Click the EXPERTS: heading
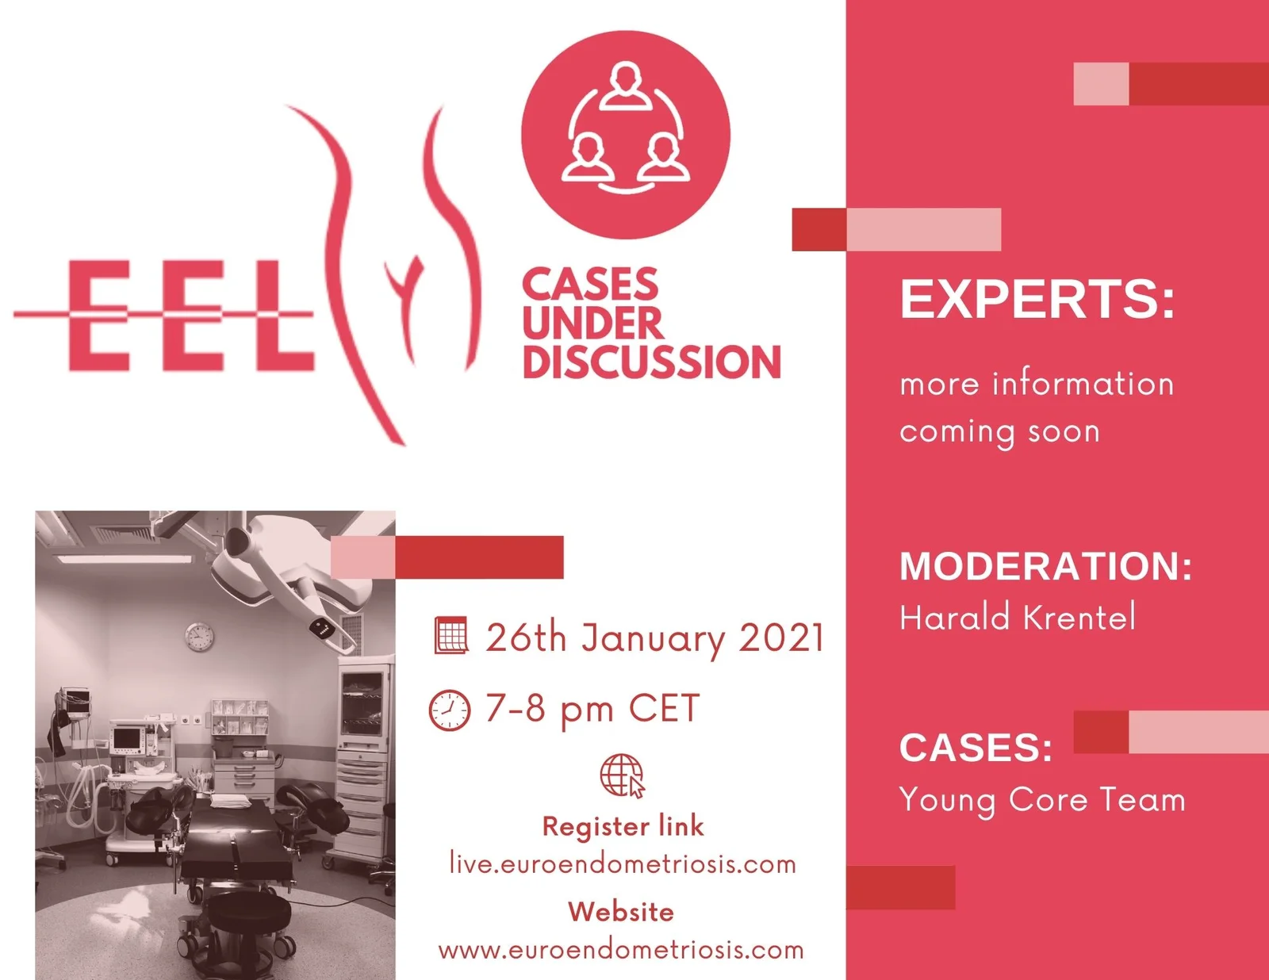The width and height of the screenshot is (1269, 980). pyautogui.click(x=1037, y=300)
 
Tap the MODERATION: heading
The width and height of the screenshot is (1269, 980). pyautogui.click(x=1046, y=566)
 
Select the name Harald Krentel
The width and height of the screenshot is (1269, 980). pyautogui.click(x=1018, y=618)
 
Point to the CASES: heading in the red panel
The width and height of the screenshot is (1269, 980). pyautogui.click(x=976, y=747)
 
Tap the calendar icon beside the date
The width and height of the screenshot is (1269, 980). pyautogui.click(x=450, y=635)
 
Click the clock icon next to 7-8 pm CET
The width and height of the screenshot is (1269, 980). pyautogui.click(x=449, y=710)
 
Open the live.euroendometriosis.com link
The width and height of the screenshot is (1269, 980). pyautogui.click(x=623, y=864)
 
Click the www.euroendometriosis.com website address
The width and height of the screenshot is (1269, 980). pyautogui.click(x=621, y=950)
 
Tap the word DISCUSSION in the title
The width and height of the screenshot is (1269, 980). pyautogui.click(x=652, y=362)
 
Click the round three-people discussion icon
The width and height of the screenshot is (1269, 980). pyautogui.click(x=626, y=135)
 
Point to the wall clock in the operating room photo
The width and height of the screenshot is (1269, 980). pyautogui.click(x=199, y=636)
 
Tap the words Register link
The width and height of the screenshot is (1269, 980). pyautogui.click(x=623, y=826)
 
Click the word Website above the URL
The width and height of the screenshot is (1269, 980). pyautogui.click(x=621, y=913)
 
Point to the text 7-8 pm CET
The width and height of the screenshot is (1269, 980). pyautogui.click(x=592, y=709)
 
